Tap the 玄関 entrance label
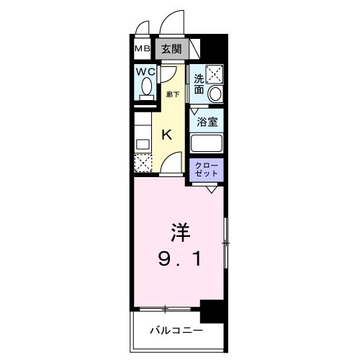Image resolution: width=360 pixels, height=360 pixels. (x=171, y=49)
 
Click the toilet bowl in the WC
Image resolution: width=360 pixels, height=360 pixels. (x=147, y=88)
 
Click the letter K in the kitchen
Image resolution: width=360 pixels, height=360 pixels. (x=166, y=134)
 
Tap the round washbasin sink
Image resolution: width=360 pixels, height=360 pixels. (x=215, y=94)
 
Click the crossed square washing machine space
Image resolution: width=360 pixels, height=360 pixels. (x=215, y=73)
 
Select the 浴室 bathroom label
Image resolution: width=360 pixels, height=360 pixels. (x=207, y=122)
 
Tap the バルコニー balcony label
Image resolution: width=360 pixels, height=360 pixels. (x=176, y=331)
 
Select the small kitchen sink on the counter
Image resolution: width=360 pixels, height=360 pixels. (x=142, y=143)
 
